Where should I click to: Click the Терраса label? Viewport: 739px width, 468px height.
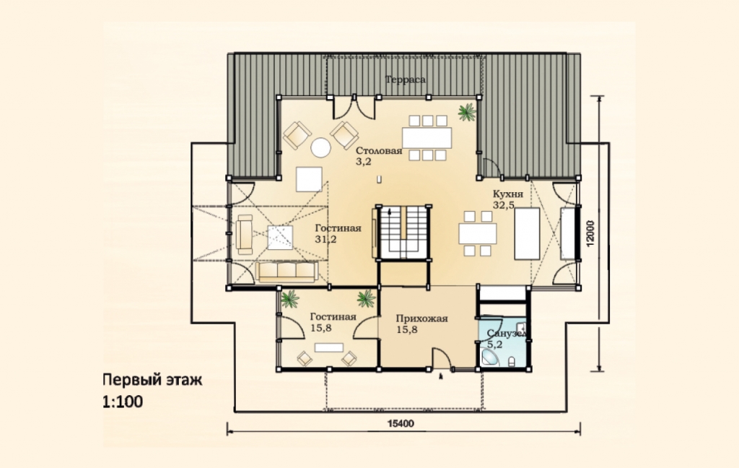[x=406, y=79]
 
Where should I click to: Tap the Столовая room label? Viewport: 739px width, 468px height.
[x=379, y=151]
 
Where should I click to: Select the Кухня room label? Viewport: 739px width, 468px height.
[x=508, y=194]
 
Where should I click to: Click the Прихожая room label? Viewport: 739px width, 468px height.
[x=421, y=318]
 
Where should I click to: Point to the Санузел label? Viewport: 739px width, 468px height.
[x=506, y=334]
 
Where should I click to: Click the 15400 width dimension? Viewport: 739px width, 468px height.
[x=401, y=424]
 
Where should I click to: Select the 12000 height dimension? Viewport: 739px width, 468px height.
[x=591, y=233]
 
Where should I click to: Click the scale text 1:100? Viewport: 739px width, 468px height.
[x=123, y=402]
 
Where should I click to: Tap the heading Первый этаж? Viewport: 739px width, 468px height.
[x=153, y=380]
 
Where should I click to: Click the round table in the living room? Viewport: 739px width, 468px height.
[x=321, y=147]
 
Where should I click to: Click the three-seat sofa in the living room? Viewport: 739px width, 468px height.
[x=287, y=272]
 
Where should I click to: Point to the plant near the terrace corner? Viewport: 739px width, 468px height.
[x=467, y=112]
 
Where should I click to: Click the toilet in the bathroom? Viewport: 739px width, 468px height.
[x=512, y=362]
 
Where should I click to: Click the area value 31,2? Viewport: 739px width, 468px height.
[x=325, y=239]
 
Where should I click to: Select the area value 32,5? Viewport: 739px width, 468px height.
[x=504, y=205]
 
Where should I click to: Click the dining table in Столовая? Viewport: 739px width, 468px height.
[x=427, y=138]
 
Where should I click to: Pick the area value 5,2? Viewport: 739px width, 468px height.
[x=494, y=344]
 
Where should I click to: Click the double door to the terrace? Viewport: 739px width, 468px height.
[x=354, y=108]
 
